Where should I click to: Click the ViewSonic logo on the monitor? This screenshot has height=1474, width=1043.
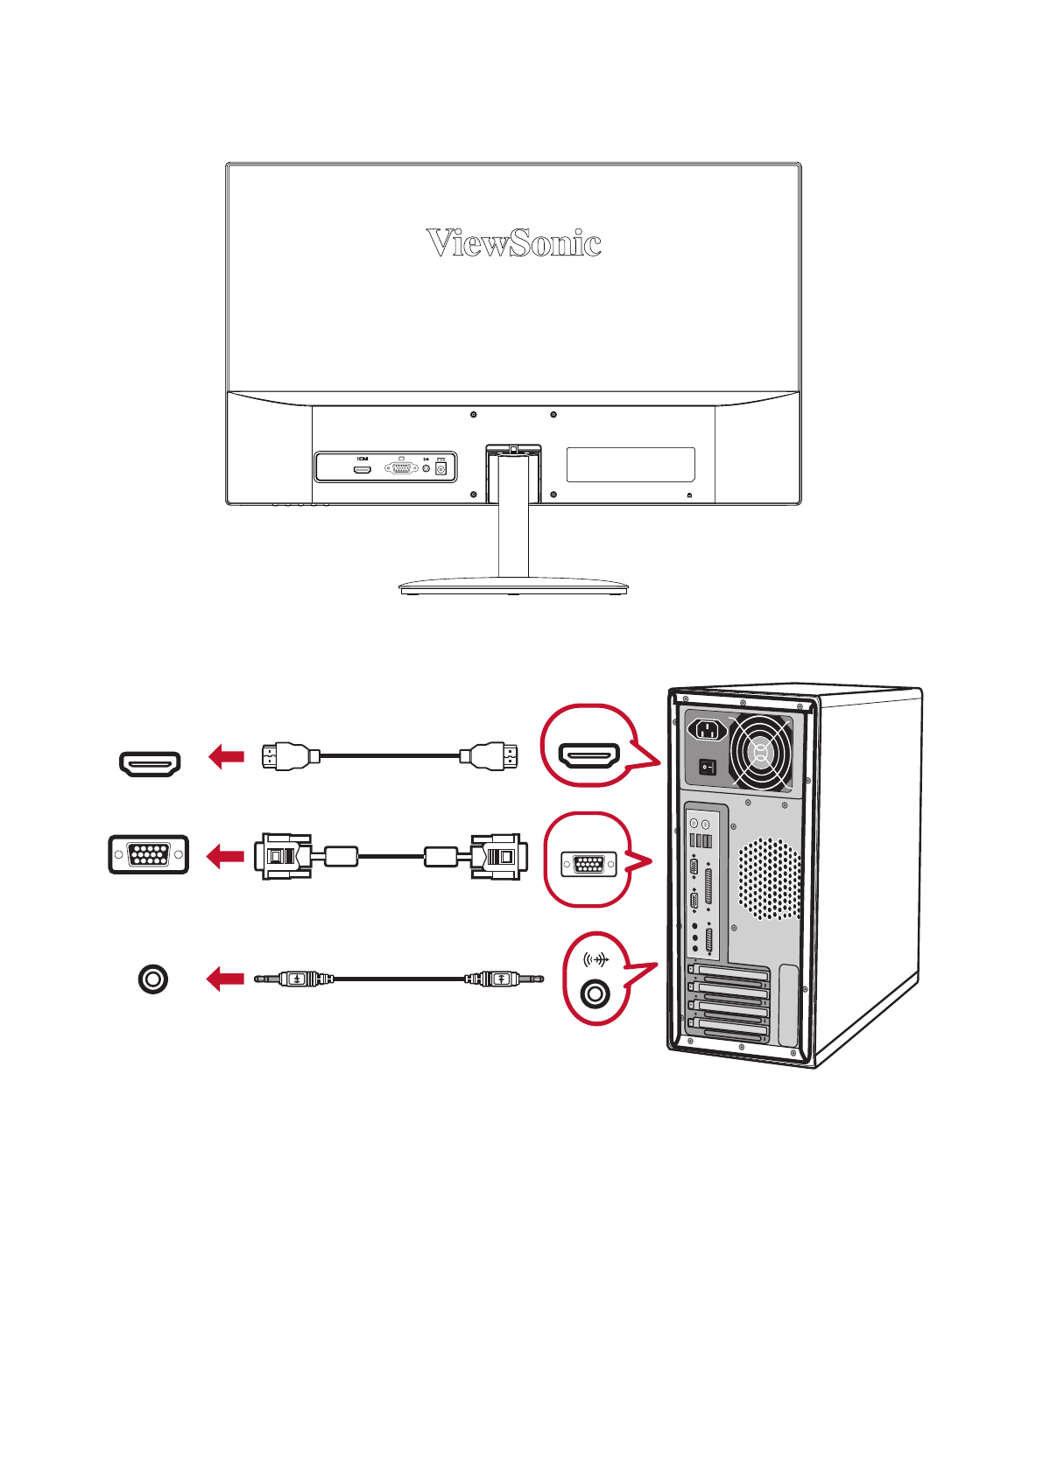(x=513, y=242)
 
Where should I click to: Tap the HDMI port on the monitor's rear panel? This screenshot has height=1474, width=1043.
(x=363, y=469)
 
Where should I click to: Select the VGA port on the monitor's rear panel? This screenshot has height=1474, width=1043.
(x=401, y=468)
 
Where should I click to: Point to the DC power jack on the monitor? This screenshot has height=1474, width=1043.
(x=440, y=469)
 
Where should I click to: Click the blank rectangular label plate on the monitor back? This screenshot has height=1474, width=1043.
(x=631, y=464)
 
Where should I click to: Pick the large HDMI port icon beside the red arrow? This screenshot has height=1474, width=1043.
(x=150, y=763)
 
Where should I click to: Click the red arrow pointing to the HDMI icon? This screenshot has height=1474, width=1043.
(x=226, y=756)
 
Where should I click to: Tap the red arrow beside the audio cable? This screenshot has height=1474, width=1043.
(x=225, y=978)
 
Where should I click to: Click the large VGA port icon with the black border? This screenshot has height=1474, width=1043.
(x=148, y=854)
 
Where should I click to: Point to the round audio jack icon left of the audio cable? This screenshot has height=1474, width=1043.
(x=153, y=979)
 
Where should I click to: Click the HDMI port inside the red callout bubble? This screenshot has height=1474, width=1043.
(x=589, y=755)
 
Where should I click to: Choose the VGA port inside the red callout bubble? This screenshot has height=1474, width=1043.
(x=588, y=865)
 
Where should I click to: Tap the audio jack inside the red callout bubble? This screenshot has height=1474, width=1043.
(x=595, y=993)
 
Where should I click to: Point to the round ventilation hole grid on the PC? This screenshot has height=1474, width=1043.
(x=769, y=878)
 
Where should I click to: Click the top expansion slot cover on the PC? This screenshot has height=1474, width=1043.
(x=729, y=973)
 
